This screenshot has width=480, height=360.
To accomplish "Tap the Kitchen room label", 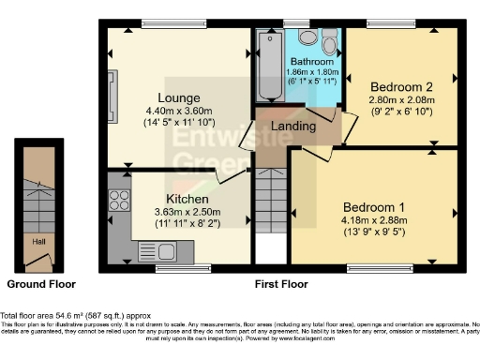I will [x=187, y=200].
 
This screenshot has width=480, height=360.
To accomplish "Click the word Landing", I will [x=292, y=126].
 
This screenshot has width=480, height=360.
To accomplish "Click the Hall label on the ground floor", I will [x=38, y=241].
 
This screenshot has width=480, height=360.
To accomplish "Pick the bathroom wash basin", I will [x=307, y=38].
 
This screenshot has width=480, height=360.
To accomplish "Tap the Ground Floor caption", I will [x=40, y=283].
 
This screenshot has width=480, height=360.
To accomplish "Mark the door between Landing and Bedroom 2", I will [x=344, y=121].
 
